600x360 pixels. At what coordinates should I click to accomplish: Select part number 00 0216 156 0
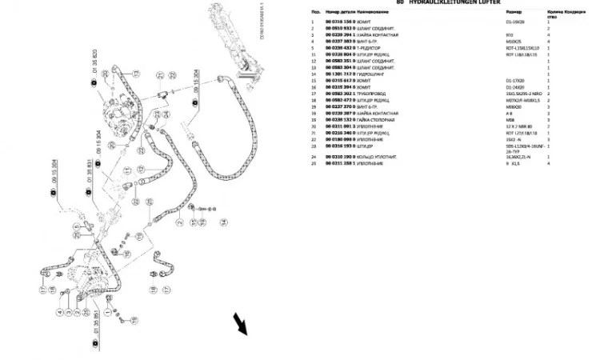[x=339, y=21]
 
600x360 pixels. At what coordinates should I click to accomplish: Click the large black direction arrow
[x=239, y=324]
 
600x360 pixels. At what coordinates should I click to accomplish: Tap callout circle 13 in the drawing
[x=136, y=73]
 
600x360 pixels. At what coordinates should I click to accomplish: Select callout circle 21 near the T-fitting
[x=161, y=74]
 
